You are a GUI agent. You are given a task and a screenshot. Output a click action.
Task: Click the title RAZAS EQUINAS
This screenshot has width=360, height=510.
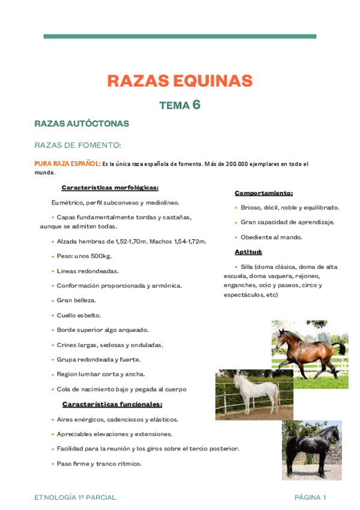click(180, 81)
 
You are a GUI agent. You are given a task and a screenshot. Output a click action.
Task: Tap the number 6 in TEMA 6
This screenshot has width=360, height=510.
click(196, 105)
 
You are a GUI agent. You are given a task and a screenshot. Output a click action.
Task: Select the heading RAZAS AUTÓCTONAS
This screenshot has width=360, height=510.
click(82, 123)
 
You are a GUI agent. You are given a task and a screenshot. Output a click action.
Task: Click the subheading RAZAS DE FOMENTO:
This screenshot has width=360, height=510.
click(78, 145)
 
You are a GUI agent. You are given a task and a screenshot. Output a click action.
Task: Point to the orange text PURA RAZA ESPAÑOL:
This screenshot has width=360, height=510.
click(67, 164)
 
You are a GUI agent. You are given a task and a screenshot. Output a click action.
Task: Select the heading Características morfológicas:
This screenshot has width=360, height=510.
click(110, 188)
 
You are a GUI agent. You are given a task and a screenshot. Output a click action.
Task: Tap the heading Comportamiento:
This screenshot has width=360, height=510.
click(264, 193)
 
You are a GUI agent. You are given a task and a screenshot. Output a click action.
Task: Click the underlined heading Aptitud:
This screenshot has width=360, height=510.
click(248, 252)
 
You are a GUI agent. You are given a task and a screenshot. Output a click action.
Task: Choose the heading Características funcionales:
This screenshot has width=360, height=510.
click(112, 404)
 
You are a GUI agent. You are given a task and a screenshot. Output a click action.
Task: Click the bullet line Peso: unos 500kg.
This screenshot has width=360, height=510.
click(84, 256)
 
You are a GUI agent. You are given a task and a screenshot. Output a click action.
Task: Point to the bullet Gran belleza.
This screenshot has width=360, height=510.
click(76, 300)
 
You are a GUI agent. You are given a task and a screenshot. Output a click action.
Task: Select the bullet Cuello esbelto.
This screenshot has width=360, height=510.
click(79, 315)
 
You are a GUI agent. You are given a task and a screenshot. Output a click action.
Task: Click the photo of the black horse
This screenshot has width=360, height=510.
click(311, 449)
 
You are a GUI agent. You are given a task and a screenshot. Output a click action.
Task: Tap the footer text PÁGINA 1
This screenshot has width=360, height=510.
click(310, 497)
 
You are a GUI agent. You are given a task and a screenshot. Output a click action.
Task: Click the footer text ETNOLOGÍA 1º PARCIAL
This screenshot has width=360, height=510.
click(75, 497)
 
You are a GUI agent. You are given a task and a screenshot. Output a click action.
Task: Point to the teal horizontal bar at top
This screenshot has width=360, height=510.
click(180, 36)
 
